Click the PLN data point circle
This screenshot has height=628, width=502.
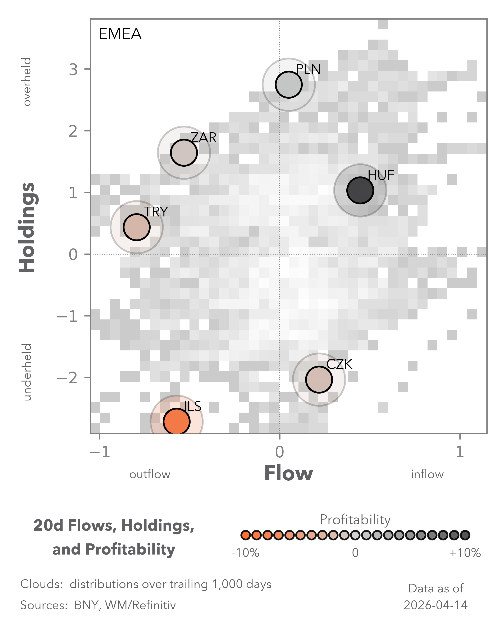click(288, 85)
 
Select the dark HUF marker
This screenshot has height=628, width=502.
click(360, 190)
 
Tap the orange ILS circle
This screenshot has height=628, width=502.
click(176, 421)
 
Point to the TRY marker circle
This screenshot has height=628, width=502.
click(137, 227)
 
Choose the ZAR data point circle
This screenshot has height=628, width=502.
click(184, 152)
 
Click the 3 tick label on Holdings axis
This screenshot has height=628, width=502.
click(73, 69)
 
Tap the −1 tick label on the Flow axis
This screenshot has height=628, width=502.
click(100, 452)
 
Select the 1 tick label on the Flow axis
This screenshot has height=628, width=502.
click(460, 452)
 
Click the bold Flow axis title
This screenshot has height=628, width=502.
click(288, 474)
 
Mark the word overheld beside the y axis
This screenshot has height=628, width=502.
click(27, 82)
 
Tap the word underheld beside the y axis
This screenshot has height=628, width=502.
click(27, 372)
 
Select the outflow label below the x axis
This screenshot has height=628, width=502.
click(150, 475)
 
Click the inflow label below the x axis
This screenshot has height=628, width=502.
click(427, 475)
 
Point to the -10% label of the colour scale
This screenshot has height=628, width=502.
click(245, 553)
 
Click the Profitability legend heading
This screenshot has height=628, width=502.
click(355, 520)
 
